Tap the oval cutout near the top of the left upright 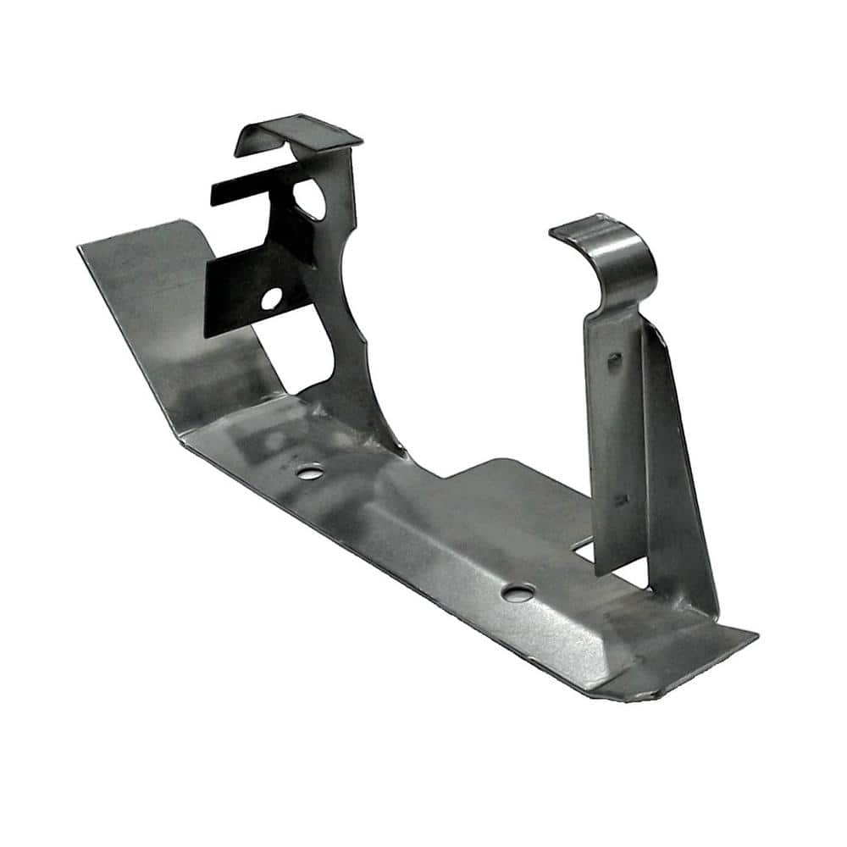308,198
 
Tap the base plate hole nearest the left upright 310,471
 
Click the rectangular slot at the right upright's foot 584,551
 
